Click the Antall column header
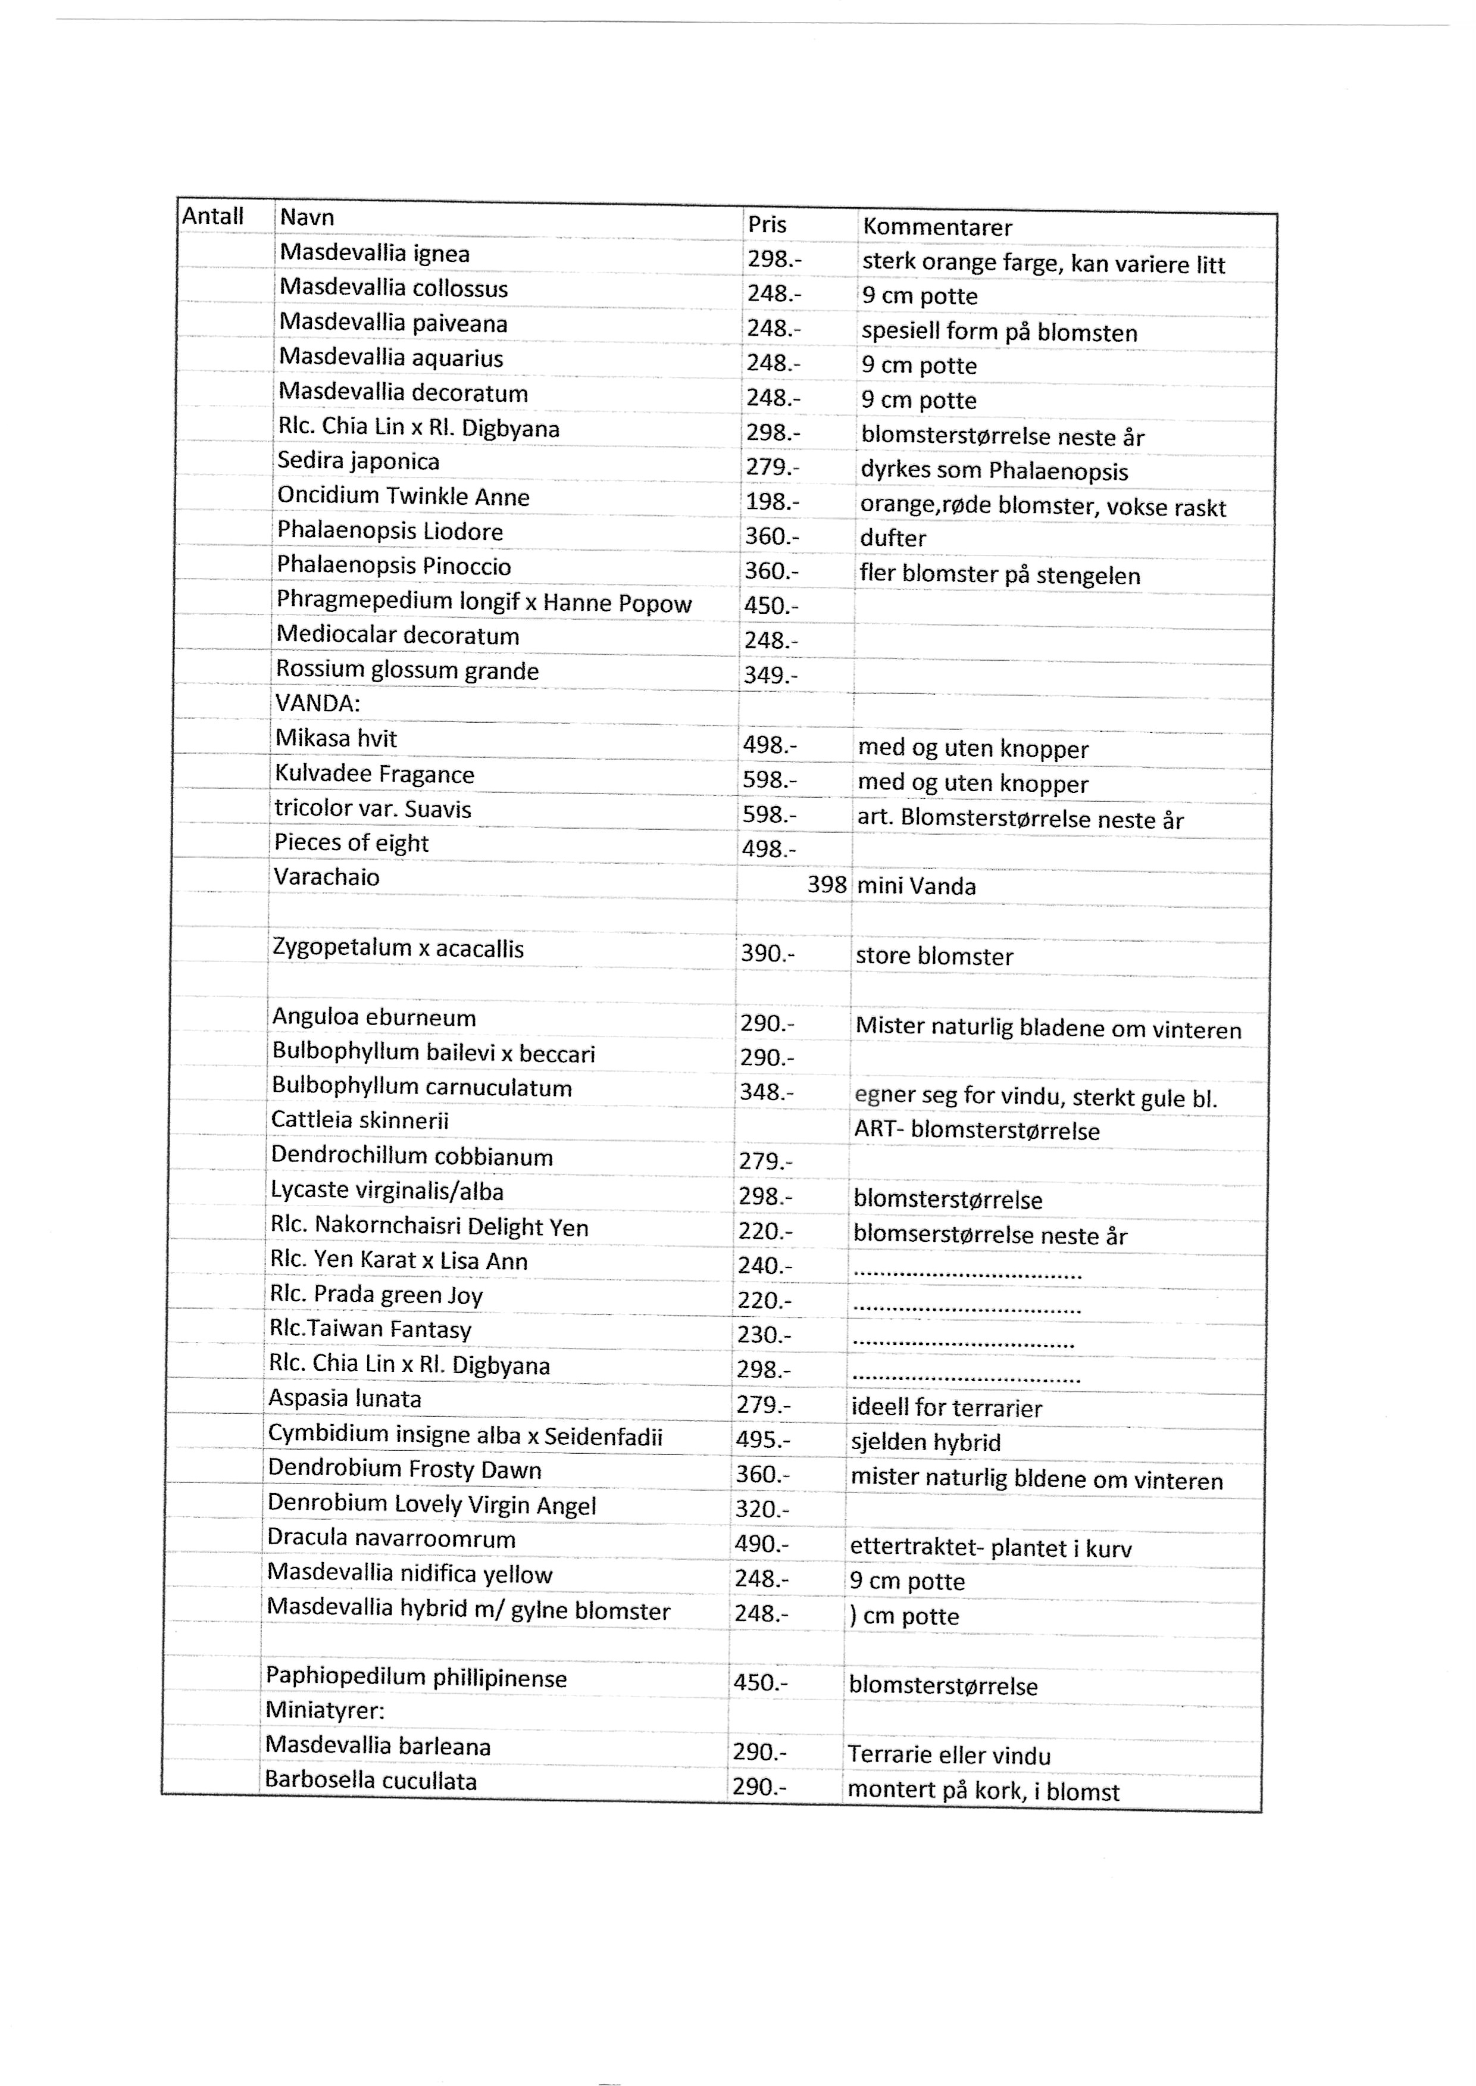(212, 216)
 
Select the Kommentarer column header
(937, 227)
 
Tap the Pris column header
(767, 224)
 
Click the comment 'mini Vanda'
(916, 886)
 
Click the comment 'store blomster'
(933, 956)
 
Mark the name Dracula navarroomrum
(391, 1539)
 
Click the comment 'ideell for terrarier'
(946, 1408)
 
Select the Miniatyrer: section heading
(324, 1710)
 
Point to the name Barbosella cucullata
(370, 1781)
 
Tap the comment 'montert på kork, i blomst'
(983, 1791)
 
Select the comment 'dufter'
(893, 538)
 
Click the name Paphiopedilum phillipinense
(415, 1678)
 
